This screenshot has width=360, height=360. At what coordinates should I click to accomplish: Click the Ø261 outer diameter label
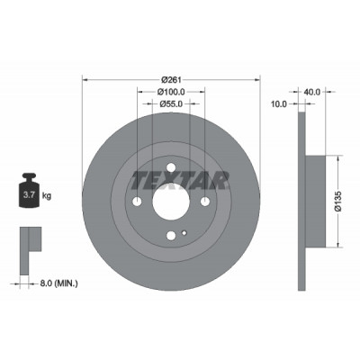coord(171,80)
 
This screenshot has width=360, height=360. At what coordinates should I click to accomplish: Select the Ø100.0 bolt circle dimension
coord(171,92)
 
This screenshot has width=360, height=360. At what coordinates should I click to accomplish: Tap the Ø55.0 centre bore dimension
coord(171,103)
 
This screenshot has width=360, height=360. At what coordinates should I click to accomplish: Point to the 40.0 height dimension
coord(312,92)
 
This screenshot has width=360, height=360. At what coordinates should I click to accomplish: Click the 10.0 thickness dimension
coord(279,103)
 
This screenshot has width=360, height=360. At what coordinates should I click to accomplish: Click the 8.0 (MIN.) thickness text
coord(58,283)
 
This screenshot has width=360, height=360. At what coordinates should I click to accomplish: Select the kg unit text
coord(47,196)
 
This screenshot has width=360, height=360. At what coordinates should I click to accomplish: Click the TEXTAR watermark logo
coord(179,181)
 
